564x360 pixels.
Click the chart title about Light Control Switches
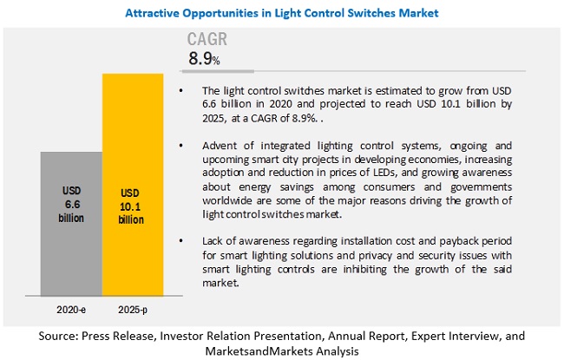(282, 13)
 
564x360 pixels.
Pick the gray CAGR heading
(211, 40)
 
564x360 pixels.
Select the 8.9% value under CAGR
(205, 59)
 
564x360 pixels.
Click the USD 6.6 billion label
(71, 205)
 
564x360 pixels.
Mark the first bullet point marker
(180, 90)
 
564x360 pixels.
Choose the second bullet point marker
(180, 147)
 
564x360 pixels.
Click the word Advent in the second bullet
(215, 147)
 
